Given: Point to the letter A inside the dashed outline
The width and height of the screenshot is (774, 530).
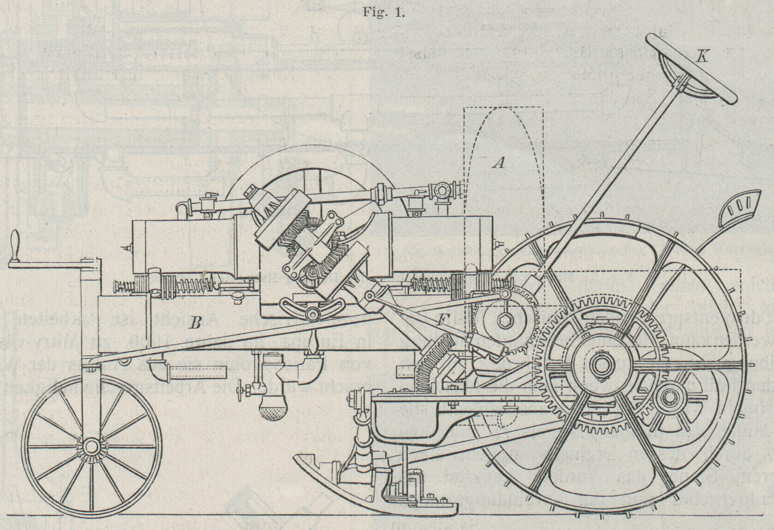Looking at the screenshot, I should (x=499, y=164).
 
